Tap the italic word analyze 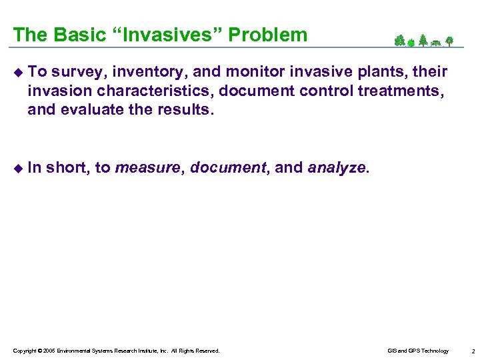coord(336,169)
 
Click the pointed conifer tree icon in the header coord(423,41)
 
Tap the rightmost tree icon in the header coord(450,41)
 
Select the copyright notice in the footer coord(116,351)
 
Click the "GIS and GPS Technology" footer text coord(418,351)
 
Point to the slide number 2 coord(472,351)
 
